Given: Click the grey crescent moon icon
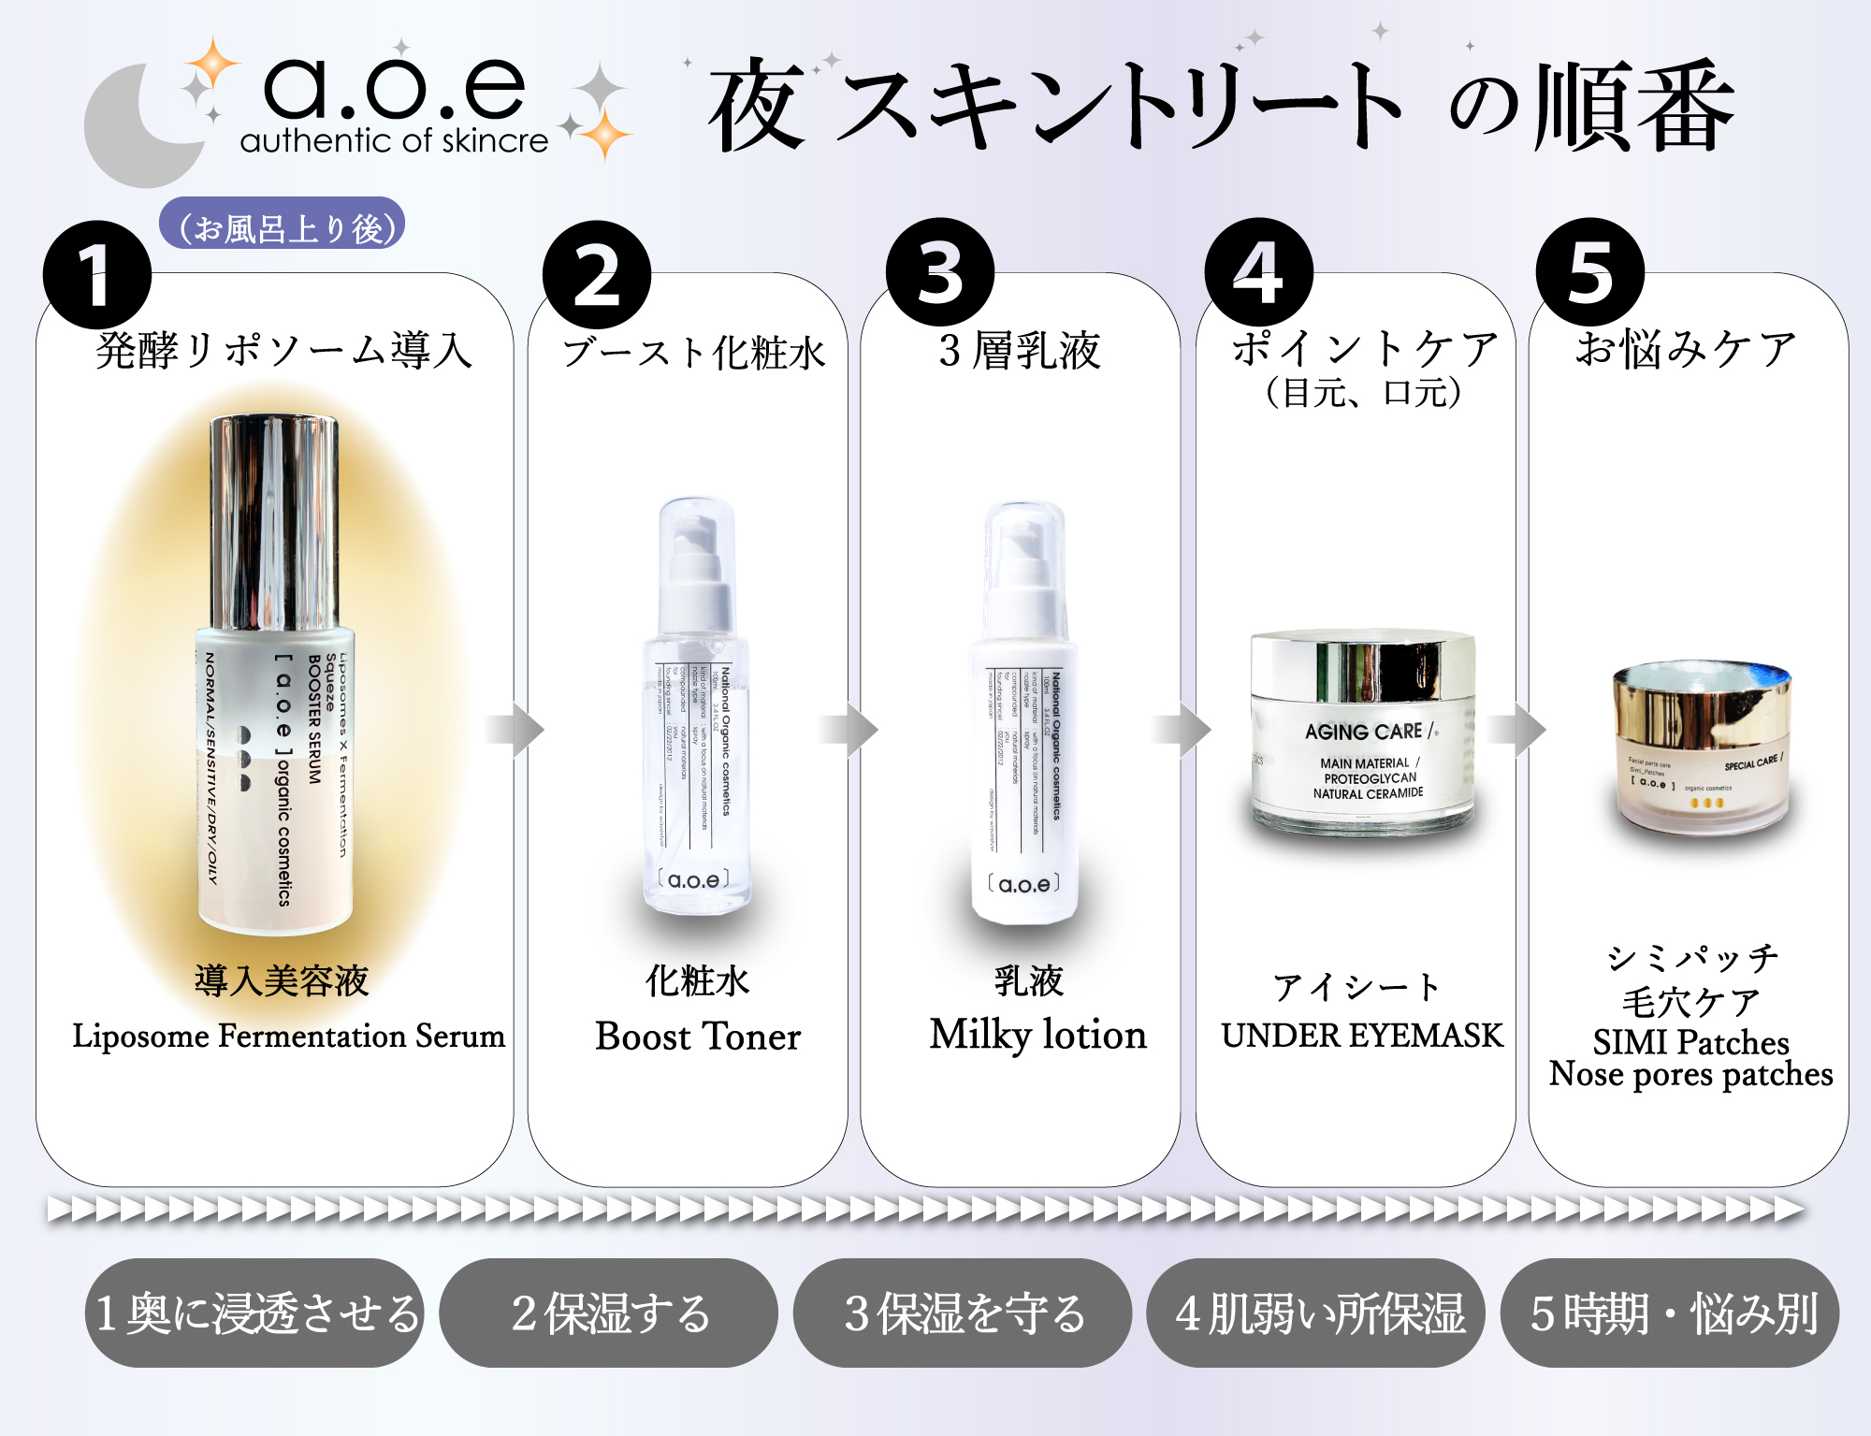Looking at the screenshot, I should (131, 131).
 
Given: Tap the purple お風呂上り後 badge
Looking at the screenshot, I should (282, 225).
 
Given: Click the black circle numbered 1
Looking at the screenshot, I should (96, 274).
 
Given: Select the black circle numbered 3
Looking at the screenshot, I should (939, 272).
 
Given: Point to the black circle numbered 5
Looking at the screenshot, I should (1589, 272).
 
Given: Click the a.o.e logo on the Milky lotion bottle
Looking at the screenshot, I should (1023, 884).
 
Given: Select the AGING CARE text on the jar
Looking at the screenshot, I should (1364, 732).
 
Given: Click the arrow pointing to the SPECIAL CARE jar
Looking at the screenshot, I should (1516, 729).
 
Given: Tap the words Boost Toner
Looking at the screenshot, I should (698, 1037).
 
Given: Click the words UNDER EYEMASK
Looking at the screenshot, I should (1361, 1035).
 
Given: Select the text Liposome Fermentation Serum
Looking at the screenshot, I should (288, 1036).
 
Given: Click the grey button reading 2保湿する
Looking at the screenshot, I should (609, 1313).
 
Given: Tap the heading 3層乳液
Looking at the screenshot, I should (1020, 350).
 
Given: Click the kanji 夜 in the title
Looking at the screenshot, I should (756, 105).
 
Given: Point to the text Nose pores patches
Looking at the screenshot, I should (1690, 1074).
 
